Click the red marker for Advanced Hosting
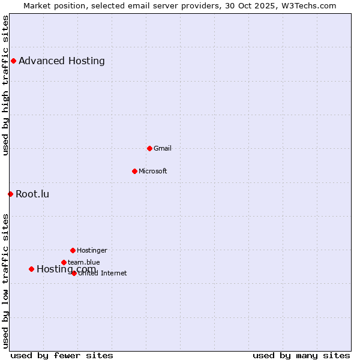coord(13,61)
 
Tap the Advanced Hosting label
coord(62,61)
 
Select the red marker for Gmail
coord(149,148)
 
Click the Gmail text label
coord(163,148)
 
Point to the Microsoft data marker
coord(134,171)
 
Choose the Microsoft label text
coord(153,171)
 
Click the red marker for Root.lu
coord(10,194)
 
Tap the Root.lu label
coord(32,194)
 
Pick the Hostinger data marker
coord(73,250)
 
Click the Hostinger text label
coord(92,250)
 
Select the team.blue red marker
coord(64,262)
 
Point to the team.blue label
coord(84,262)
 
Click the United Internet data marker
coord(74,273)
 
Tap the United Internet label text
coord(103,274)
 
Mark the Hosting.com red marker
coord(31,269)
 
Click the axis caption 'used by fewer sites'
coord(62,355)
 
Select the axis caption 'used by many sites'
coord(301,355)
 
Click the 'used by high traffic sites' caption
coord(6,85)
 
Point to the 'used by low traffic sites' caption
coord(6,280)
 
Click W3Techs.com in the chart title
coord(308,5)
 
